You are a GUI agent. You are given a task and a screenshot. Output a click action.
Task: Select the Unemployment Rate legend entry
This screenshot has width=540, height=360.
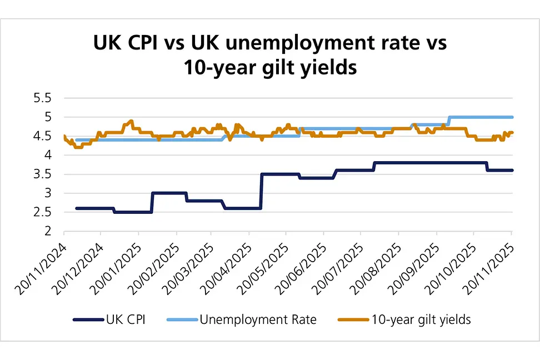pyautogui.click(x=259, y=319)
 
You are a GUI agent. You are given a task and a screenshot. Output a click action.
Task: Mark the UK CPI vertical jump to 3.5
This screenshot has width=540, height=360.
pyautogui.click(x=261, y=191)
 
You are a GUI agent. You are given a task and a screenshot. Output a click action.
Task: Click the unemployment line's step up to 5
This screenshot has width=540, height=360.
pyautogui.click(x=448, y=121)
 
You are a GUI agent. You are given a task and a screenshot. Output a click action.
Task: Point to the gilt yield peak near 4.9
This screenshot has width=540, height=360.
pyautogui.click(x=131, y=121)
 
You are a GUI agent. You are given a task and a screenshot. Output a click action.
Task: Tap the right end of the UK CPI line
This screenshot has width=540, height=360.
pyautogui.click(x=512, y=170)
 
